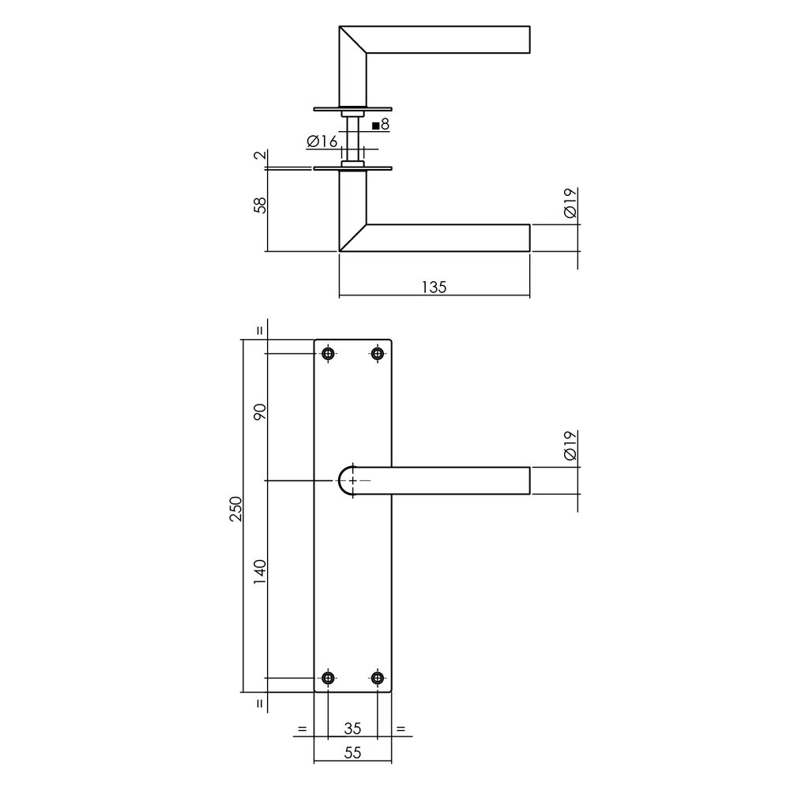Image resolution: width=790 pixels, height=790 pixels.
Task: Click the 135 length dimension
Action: tap(434, 287)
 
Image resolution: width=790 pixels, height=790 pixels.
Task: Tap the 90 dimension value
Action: tap(261, 412)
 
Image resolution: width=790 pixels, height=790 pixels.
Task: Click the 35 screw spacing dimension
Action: tap(352, 728)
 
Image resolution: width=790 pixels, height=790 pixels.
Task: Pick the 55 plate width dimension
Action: tap(352, 753)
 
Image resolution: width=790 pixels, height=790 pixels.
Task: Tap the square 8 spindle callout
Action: tap(380, 125)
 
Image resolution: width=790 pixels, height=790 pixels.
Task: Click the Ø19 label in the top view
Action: tap(571, 204)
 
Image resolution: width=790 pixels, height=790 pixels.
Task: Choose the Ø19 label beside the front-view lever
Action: tap(571, 446)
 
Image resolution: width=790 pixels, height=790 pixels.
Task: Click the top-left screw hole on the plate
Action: tap(328, 354)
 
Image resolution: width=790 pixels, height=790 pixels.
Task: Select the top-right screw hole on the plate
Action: tap(377, 354)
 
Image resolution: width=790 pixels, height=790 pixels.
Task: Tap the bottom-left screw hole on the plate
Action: tap(328, 678)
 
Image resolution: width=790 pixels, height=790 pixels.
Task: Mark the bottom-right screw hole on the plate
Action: tap(377, 678)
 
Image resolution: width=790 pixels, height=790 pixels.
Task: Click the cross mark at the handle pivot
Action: tap(352, 480)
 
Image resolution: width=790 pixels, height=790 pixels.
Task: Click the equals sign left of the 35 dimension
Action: tap(301, 728)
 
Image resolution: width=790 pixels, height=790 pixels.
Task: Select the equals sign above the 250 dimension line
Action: tap(261, 332)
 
